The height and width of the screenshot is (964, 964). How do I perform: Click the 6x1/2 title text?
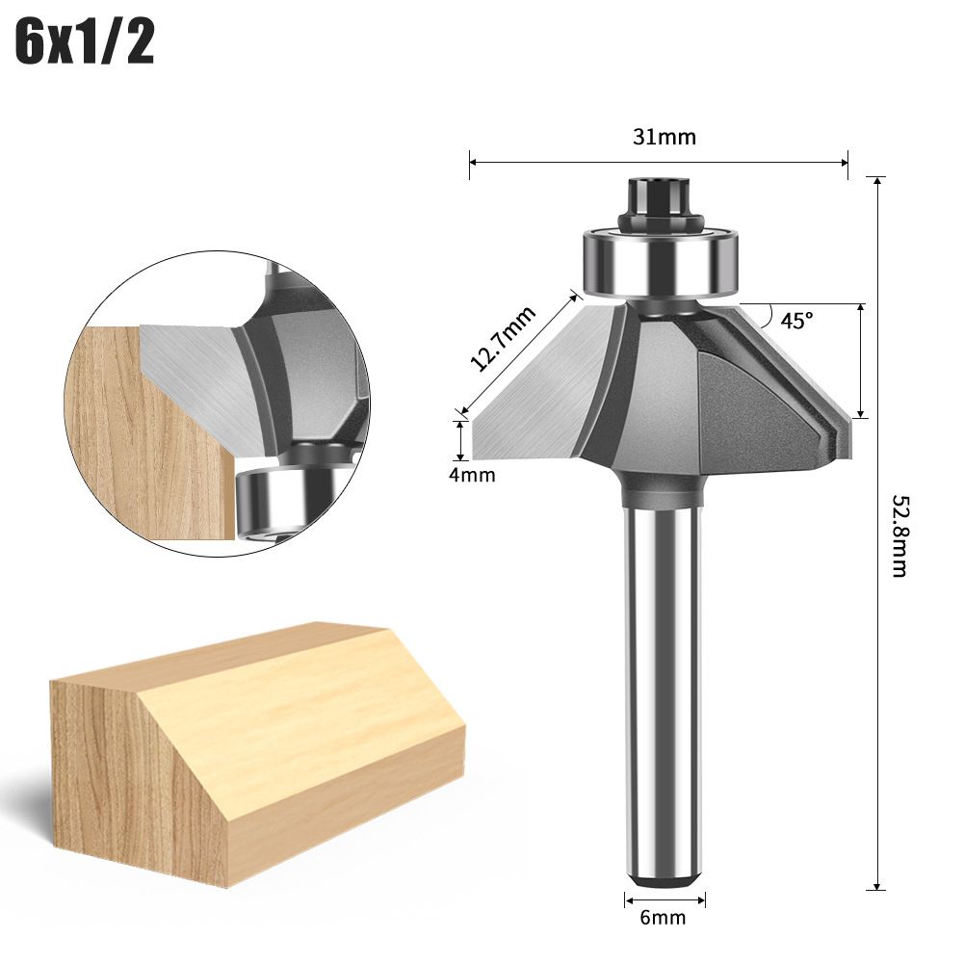tap(84, 42)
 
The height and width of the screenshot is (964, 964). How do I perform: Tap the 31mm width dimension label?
tap(664, 137)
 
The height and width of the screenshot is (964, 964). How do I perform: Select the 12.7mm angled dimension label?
tap(503, 338)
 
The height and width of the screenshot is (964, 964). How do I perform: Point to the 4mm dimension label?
tap(472, 475)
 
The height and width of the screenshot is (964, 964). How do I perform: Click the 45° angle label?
tap(796, 320)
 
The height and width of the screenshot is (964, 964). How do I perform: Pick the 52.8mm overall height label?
tap(899, 535)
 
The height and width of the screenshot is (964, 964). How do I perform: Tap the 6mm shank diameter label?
tap(663, 917)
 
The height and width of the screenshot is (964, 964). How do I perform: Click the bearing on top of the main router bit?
tap(662, 262)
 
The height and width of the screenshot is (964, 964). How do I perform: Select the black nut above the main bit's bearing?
tap(662, 204)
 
